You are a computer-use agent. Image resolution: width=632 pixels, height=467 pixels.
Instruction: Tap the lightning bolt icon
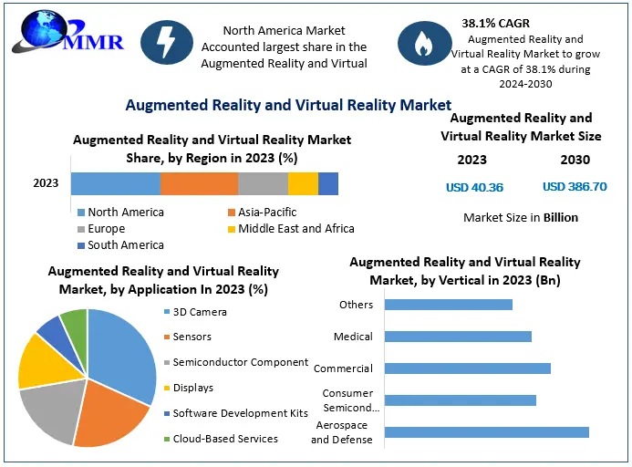pos(167,44)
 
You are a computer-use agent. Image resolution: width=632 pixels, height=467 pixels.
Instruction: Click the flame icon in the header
pos(423,44)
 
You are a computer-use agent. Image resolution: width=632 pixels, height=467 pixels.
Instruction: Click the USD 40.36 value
pos(473,187)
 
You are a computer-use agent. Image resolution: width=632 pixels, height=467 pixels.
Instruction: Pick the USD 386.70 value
pos(575,187)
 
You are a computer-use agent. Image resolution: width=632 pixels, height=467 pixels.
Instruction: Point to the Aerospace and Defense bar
pos(486,431)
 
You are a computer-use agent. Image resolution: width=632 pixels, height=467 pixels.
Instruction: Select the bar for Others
pos(448,305)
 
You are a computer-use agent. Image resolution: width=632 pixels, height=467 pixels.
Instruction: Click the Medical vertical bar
pos(458,337)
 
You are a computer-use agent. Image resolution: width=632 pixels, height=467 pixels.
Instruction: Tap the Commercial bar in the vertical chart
pos(467,368)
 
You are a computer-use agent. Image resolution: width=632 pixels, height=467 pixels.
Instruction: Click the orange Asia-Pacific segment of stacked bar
pos(199,183)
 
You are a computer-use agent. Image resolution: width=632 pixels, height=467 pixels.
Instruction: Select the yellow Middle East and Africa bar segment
pos(303,183)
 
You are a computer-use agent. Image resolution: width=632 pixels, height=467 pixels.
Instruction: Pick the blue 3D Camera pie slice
pos(123,351)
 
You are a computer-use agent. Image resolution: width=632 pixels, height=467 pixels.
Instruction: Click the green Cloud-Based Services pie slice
pos(75,324)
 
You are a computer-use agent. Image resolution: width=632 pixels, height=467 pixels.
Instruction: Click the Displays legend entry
pos(192,388)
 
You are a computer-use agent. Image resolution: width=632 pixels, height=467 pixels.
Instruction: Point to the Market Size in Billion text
pos(521,218)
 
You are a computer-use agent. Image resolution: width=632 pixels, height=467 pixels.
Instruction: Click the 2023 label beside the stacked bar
pos(46,183)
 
